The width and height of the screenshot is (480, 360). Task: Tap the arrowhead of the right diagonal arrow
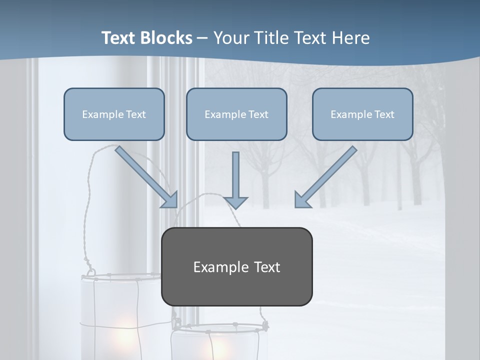(x=301, y=200)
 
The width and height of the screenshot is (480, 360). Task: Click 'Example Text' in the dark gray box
(x=236, y=267)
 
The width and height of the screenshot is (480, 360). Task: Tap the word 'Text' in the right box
(x=384, y=114)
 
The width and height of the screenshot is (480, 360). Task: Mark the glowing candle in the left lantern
(x=122, y=332)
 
